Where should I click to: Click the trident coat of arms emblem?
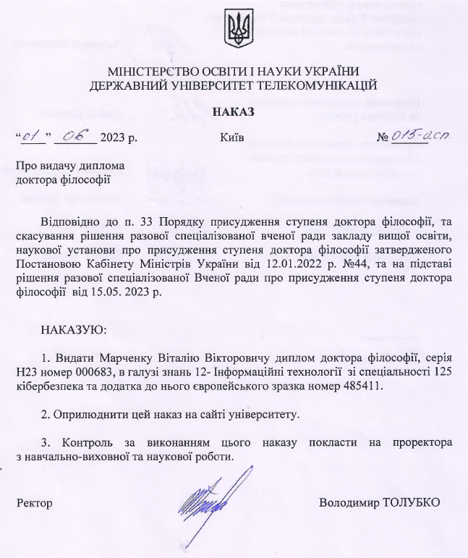pos(234,30)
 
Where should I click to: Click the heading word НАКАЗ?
pos(234,111)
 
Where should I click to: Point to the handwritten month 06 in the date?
pos(75,135)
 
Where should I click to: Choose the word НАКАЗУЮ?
pos(75,329)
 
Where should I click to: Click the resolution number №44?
pos(320,266)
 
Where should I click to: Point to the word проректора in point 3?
pos(422,441)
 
